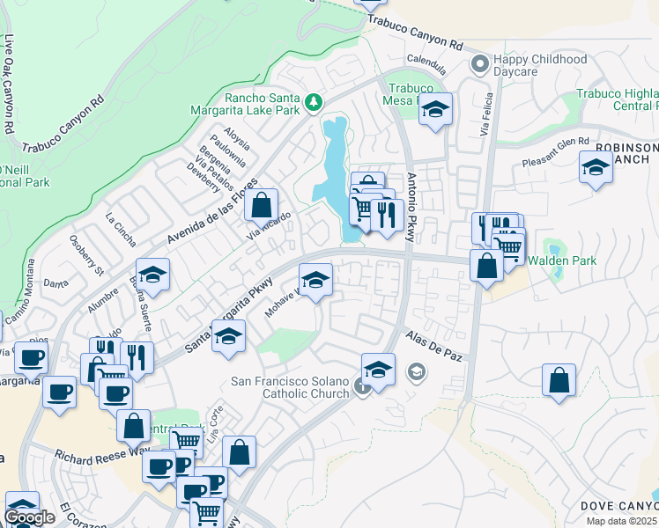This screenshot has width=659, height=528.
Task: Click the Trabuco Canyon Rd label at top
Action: click(415, 31)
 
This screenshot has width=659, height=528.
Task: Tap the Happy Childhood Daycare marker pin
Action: click(480, 63)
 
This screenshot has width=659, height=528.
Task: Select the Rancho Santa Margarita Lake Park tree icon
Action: click(313, 104)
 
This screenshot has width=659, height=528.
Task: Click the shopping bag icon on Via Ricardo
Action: click(261, 206)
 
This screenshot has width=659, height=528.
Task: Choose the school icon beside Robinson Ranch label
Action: click(596, 166)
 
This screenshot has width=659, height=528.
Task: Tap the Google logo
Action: click(29, 517)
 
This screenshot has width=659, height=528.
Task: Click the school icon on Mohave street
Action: click(315, 281)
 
